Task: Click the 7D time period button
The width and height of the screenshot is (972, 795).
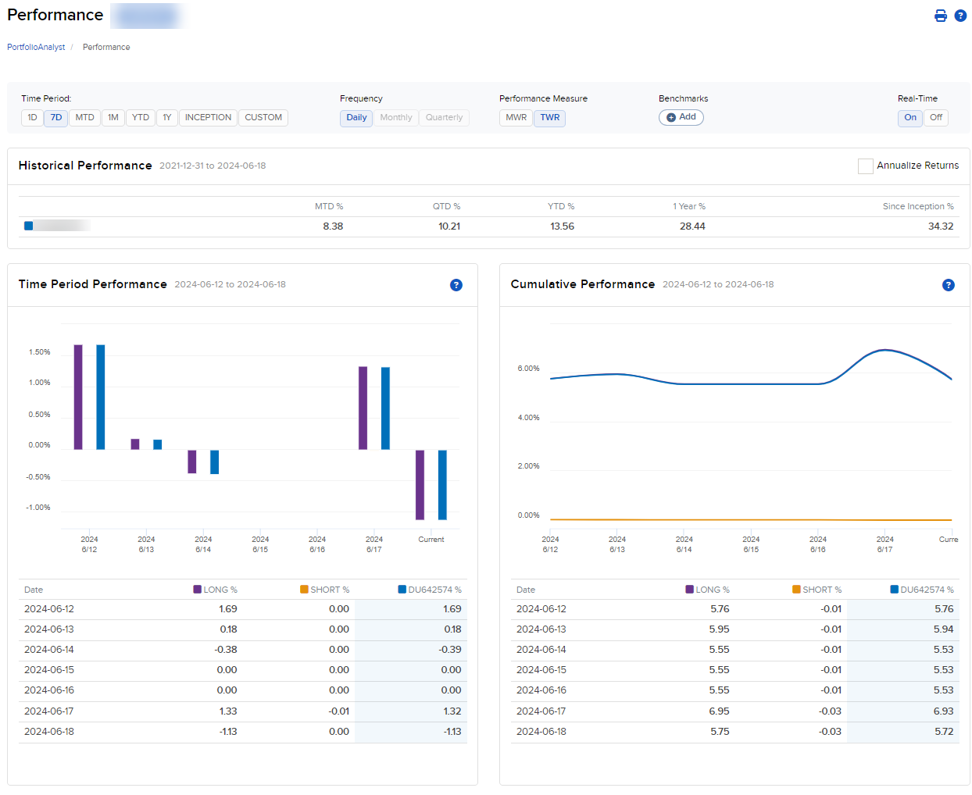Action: pos(55,118)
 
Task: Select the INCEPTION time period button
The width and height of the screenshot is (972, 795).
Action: pos(208,118)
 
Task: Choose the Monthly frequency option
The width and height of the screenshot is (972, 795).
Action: pos(395,118)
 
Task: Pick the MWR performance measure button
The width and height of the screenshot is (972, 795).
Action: pos(516,118)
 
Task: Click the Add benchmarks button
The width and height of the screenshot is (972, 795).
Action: pos(681,117)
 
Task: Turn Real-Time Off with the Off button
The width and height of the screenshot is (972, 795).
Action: pos(935,118)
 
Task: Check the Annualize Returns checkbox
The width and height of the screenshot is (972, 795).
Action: pos(865,166)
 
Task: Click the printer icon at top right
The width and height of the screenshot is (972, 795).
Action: pos(941,16)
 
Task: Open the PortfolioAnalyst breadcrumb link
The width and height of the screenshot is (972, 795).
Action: pos(36,48)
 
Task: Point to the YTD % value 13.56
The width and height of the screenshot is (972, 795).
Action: pos(562,226)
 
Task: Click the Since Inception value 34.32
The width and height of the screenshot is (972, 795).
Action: pos(940,226)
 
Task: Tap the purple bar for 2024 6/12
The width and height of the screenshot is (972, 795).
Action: pos(78,397)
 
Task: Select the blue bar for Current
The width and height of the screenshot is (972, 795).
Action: pos(442,484)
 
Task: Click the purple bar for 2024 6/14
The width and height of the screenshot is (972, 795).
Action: pos(192,462)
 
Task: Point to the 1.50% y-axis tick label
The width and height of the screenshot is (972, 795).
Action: pos(39,352)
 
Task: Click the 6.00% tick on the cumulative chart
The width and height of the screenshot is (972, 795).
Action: pos(528,369)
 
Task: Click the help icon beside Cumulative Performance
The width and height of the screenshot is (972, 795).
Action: pos(948,285)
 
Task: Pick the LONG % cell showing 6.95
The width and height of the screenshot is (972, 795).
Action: pos(719,711)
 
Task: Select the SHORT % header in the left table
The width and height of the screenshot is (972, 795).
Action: pos(329,590)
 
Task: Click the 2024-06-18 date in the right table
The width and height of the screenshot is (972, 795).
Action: pos(541,732)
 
